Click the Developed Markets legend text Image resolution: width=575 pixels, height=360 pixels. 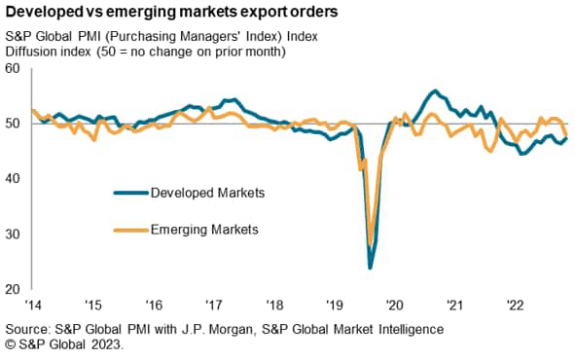coord(208,193)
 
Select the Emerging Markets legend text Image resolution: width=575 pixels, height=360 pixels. coord(205,231)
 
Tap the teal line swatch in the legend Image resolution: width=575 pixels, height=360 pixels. coord(129,193)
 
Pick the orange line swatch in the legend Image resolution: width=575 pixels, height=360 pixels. coord(129,231)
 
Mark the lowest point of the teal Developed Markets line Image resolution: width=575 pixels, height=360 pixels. coord(370,268)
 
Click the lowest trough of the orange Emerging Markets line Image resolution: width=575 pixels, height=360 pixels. coord(371,242)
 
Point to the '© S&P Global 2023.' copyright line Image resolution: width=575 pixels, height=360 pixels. coord(63,345)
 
